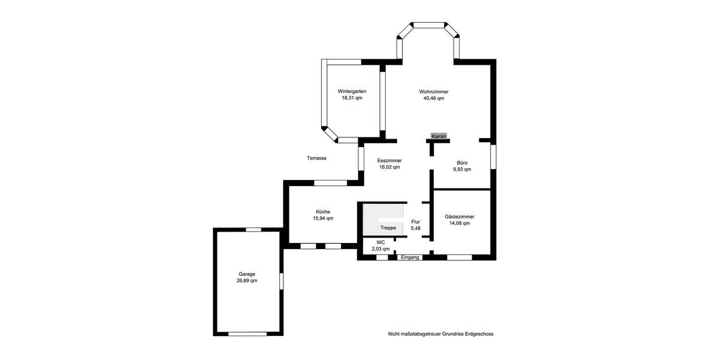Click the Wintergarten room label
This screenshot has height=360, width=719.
coord(352,91)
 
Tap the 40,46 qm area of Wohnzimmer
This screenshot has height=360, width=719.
coord(434,98)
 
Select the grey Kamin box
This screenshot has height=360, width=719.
coord(439,136)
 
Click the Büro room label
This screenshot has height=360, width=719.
coord(462,163)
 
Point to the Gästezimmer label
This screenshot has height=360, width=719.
coord(460,216)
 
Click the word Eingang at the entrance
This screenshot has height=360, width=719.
coord(410,257)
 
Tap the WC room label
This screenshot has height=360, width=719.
coord(380,242)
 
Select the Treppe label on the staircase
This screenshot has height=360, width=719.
coord(388,228)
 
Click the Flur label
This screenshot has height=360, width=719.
coord(416,221)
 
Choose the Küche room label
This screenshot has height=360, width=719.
coord(323,211)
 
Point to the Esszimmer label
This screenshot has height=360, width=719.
coord(389,161)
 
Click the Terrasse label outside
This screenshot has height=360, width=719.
coord(316,158)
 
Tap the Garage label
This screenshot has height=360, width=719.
coord(247,274)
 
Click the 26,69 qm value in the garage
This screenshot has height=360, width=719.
coord(247,280)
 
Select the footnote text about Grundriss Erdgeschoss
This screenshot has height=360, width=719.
coord(440,334)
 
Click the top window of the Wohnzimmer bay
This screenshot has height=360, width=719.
coord(429,25)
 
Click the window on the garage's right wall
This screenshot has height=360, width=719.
coord(281,281)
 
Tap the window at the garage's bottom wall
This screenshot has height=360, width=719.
coord(247,334)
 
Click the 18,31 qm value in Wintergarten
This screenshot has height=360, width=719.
coord(352,98)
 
